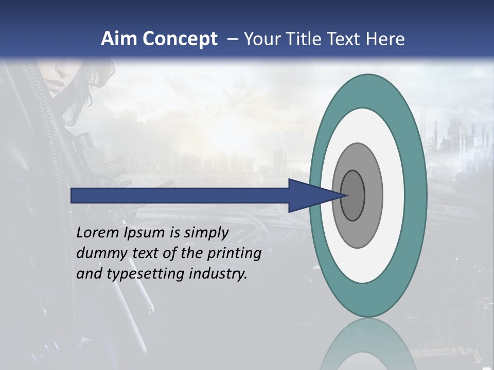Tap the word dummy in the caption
(98, 253)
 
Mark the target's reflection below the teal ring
(367, 344)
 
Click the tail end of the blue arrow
(75, 195)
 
